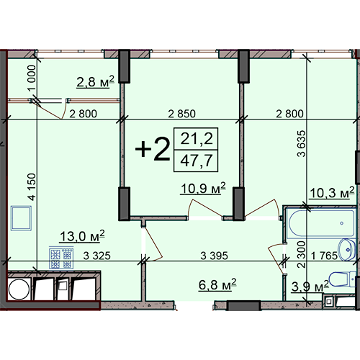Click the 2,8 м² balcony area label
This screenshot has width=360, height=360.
(x=95, y=81)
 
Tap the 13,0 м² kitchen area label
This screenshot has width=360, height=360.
(x=82, y=236)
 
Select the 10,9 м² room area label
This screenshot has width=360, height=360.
(x=203, y=189)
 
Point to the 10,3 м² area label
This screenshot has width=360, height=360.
(x=332, y=193)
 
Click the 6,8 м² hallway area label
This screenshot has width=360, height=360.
(x=217, y=284)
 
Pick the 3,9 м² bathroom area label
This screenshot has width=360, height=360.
(x=310, y=287)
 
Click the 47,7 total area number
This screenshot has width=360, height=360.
(x=196, y=161)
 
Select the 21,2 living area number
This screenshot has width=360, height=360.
(x=197, y=139)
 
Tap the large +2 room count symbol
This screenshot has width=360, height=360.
(x=153, y=149)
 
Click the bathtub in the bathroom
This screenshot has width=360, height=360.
(x=321, y=224)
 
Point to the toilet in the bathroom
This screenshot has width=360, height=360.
(x=343, y=279)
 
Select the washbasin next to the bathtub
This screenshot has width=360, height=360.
(x=347, y=250)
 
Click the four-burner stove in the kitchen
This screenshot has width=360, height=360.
(x=61, y=258)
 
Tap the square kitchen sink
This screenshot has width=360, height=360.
(x=21, y=218)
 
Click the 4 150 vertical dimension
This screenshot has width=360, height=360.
(x=32, y=186)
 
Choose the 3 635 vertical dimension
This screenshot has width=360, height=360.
(x=302, y=143)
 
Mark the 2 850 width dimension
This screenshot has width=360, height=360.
(x=181, y=114)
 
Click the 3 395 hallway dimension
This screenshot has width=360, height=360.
(x=214, y=256)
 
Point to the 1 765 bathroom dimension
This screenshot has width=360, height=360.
(x=324, y=256)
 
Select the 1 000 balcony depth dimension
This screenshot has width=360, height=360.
(x=32, y=78)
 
